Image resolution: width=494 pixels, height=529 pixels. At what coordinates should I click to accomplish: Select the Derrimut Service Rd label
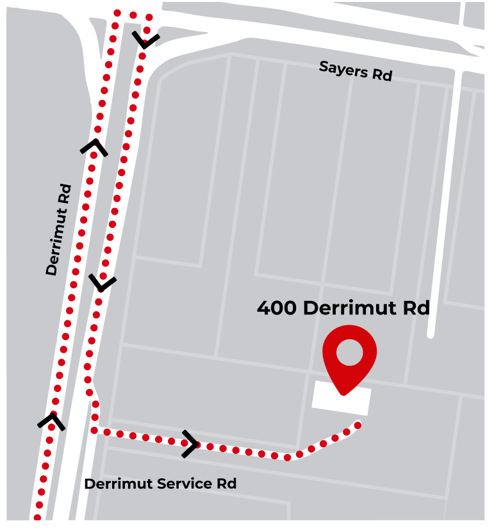pos(160,484)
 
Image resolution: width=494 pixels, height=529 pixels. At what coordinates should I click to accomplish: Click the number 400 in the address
pos(277,308)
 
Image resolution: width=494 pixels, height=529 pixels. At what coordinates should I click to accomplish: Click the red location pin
pos(349,356)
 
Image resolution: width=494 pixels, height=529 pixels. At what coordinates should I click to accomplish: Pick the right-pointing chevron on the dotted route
pos(190,443)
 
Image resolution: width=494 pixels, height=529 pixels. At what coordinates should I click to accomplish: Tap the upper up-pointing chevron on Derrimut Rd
pos(94,147)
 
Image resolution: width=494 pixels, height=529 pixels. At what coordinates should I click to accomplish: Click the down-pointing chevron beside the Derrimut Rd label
pos(103,282)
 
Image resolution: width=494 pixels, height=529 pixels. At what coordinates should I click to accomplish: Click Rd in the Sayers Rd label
pos(383,75)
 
